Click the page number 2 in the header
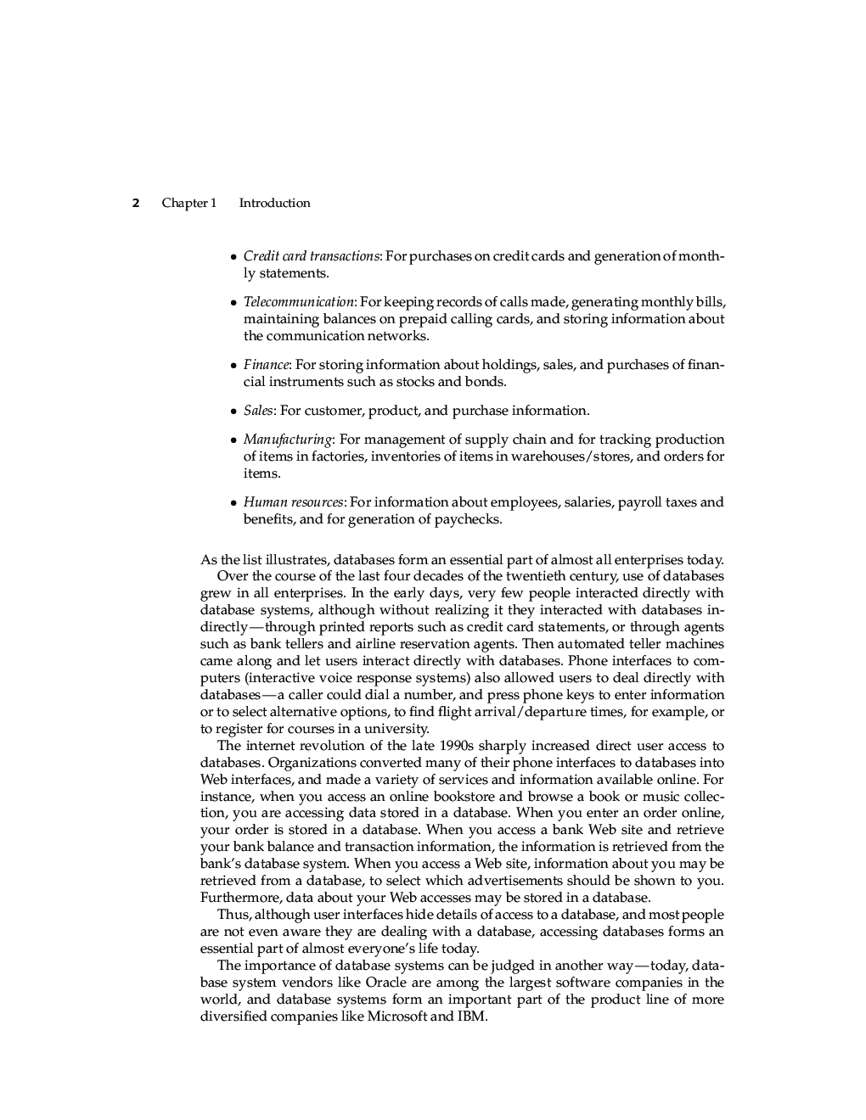[135, 203]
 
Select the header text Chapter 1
[188, 203]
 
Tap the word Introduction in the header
[274, 203]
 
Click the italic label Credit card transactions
[311, 256]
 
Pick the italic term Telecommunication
[298, 302]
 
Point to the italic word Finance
[266, 365]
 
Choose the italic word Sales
[258, 411]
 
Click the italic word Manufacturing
[288, 440]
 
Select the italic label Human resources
[294, 502]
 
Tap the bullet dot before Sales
[233, 412]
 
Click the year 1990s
[457, 746]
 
